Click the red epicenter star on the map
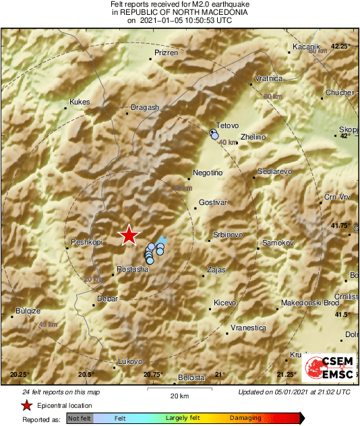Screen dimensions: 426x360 pyautogui.click(x=128, y=235)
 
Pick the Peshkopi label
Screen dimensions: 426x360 pyautogui.click(x=85, y=241)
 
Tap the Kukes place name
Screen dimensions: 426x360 pyautogui.click(x=80, y=102)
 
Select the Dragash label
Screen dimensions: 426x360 pyautogui.click(x=145, y=107)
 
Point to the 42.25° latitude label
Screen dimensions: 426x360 pyautogui.click(x=342, y=47)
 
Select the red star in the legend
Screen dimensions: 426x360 pyautogui.click(x=26, y=406)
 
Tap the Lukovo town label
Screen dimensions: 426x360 pyautogui.click(x=131, y=361)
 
